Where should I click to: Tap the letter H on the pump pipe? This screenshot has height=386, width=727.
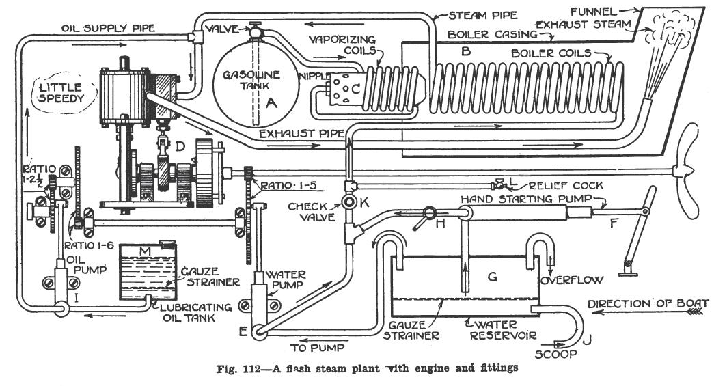coord(439,223)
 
